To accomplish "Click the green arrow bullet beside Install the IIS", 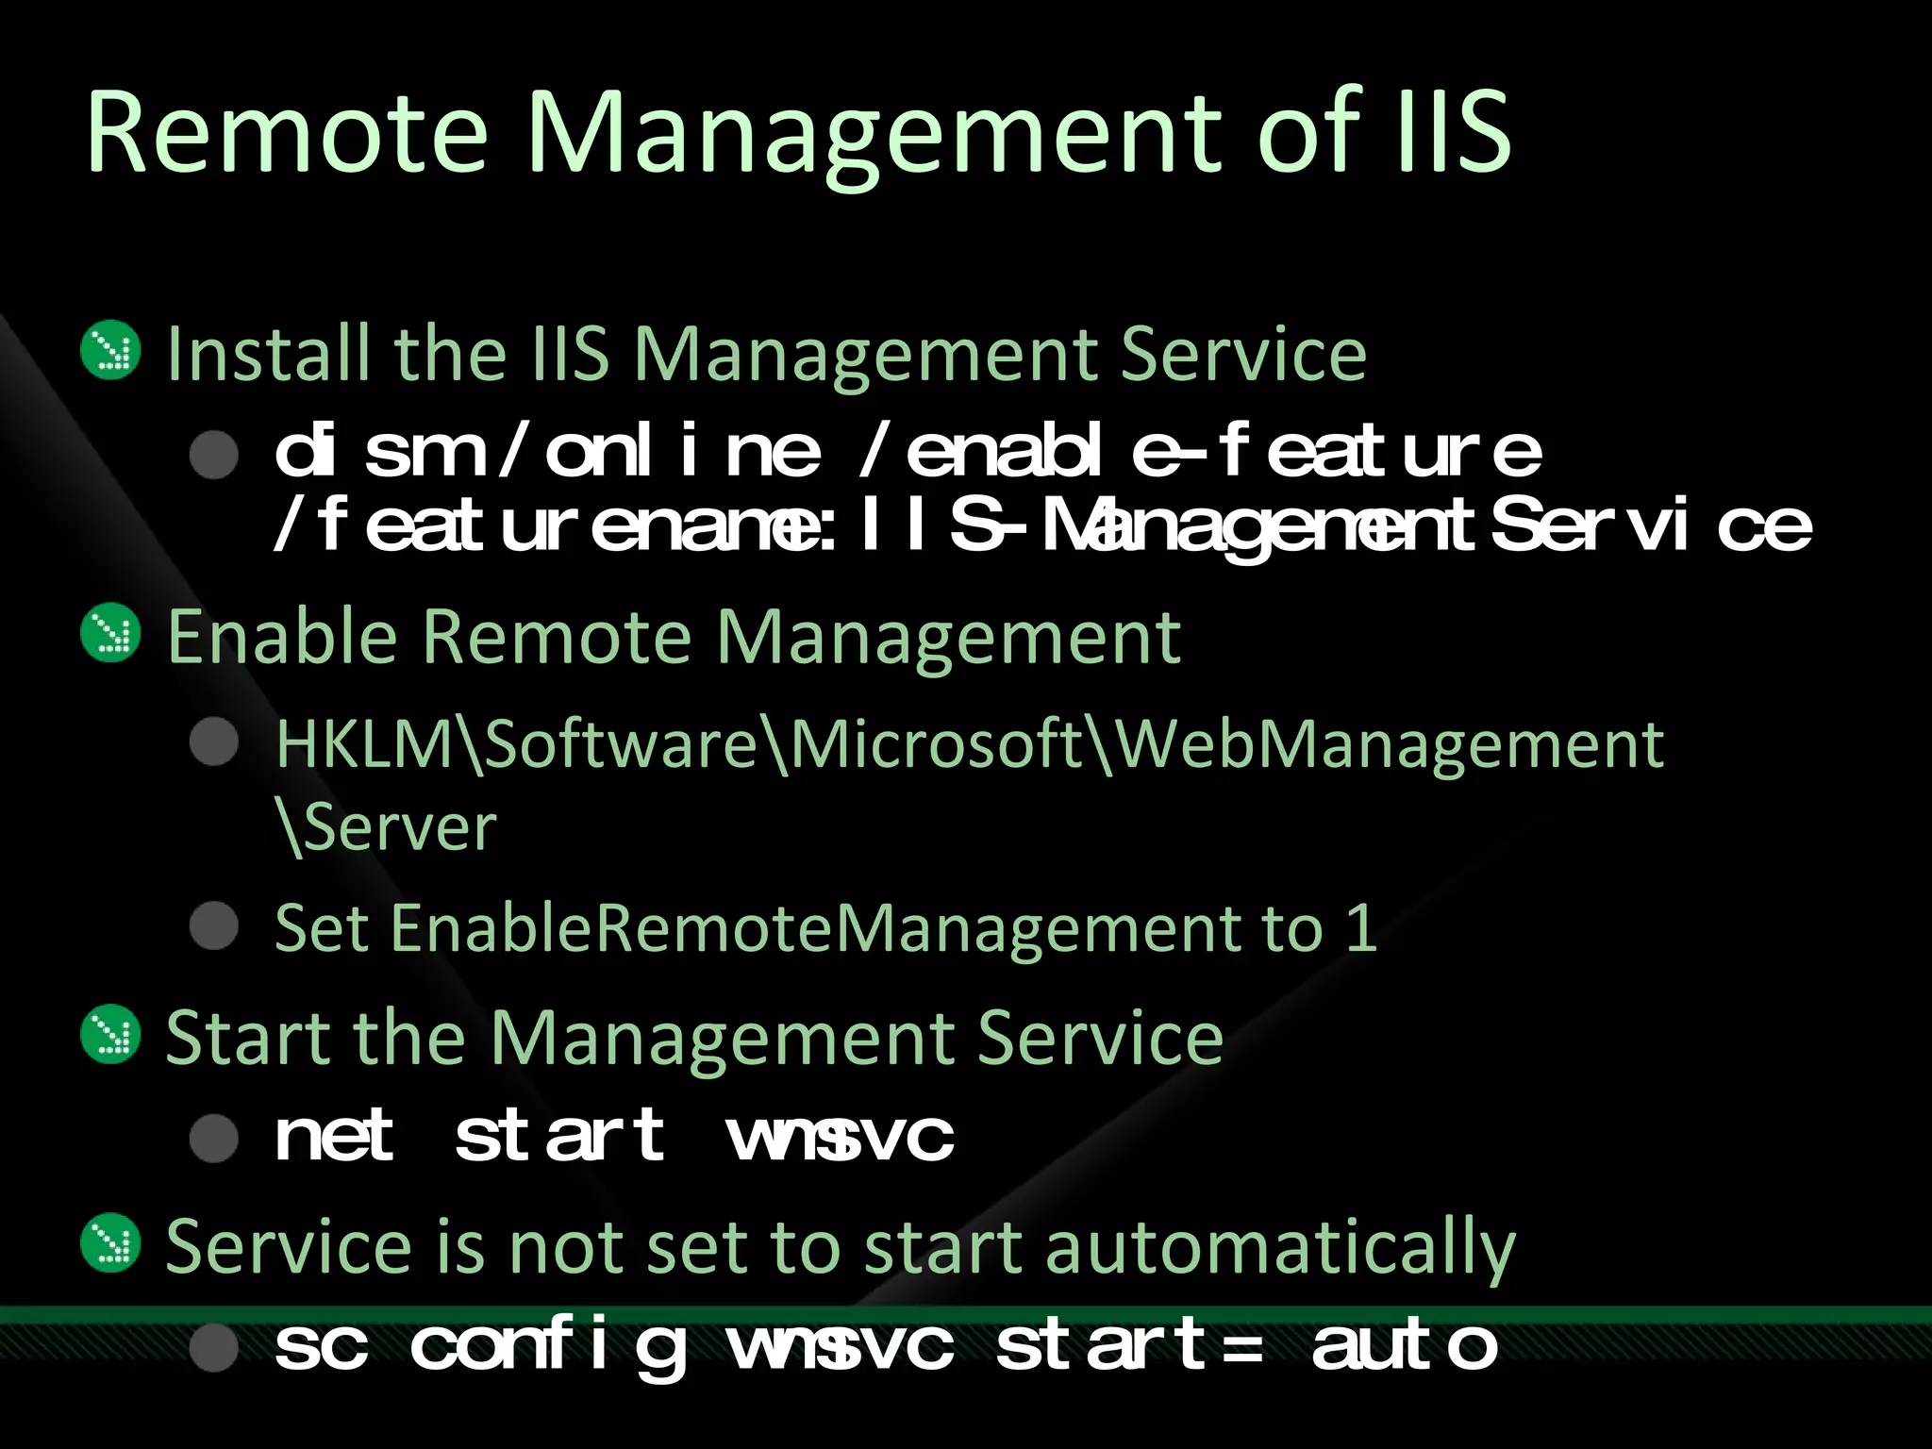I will [111, 351].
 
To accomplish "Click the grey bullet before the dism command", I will [214, 455].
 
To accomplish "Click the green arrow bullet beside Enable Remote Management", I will [111, 633].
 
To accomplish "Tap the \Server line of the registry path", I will [387, 828].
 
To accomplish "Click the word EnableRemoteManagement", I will [815, 929].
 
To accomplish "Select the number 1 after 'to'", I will [1361, 928].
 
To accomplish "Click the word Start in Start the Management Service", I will [248, 1038].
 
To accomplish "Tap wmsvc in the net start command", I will [841, 1137].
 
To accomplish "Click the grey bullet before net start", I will [214, 1138].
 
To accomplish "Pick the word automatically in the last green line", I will [1280, 1248].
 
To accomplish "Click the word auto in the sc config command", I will [1405, 1346].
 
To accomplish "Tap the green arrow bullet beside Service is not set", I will [111, 1242].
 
